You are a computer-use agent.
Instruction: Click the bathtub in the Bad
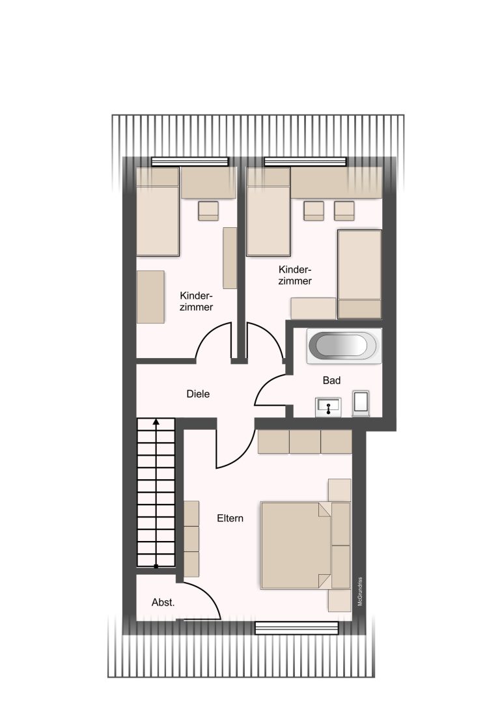[344, 346]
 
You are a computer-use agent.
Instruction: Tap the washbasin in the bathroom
[328, 408]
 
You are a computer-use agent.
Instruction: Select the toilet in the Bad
[361, 403]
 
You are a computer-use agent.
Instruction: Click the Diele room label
[198, 394]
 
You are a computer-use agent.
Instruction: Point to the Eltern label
[230, 518]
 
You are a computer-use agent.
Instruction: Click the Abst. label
[163, 602]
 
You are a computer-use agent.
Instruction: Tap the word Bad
[331, 381]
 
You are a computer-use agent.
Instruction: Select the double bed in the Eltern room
[305, 545]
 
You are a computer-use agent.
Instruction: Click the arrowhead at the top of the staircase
[156, 422]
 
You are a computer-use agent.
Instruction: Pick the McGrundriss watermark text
[360, 591]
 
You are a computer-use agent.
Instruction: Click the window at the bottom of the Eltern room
[297, 628]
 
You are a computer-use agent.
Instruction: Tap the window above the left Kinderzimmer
[190, 161]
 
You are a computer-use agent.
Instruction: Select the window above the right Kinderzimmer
[305, 161]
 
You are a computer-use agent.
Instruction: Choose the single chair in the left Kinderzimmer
[208, 211]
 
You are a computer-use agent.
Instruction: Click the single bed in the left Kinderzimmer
[158, 212]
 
